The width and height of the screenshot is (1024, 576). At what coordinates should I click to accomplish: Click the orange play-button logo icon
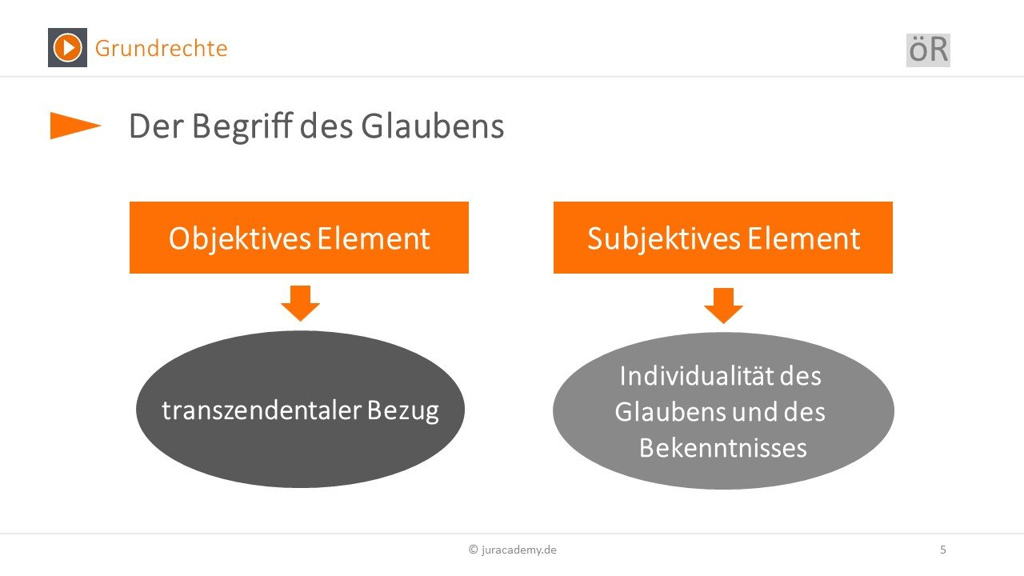coord(68,47)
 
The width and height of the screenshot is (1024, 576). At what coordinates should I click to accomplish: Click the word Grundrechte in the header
coord(162,49)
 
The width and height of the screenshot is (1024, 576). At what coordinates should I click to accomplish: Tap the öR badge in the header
coord(928,50)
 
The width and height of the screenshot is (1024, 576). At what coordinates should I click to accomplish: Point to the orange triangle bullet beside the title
coord(75,126)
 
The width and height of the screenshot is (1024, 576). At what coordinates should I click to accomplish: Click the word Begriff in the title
coord(242,126)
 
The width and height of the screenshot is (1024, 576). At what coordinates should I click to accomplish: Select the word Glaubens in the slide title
coord(433,126)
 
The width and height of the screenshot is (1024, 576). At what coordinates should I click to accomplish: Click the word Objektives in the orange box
coord(239,239)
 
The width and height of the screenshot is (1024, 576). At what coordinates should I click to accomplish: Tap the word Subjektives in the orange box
coord(664,239)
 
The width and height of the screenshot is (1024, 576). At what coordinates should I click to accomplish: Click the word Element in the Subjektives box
coord(804,238)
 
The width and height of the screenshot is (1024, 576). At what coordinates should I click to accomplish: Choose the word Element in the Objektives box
coord(374,238)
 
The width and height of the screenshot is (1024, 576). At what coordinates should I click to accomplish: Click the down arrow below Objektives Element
coord(300,303)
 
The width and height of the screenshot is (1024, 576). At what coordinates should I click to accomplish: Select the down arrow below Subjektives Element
coord(723,306)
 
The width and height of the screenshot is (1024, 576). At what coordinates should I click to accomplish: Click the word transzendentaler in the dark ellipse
coord(262,410)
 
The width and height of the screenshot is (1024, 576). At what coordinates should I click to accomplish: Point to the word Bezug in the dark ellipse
coord(402,411)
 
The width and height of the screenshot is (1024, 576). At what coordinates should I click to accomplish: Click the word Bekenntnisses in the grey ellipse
coord(722,447)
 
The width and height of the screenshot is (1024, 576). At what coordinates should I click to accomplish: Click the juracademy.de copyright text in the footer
coord(513,550)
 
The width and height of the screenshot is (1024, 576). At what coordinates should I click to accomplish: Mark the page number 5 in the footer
coord(942,550)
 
